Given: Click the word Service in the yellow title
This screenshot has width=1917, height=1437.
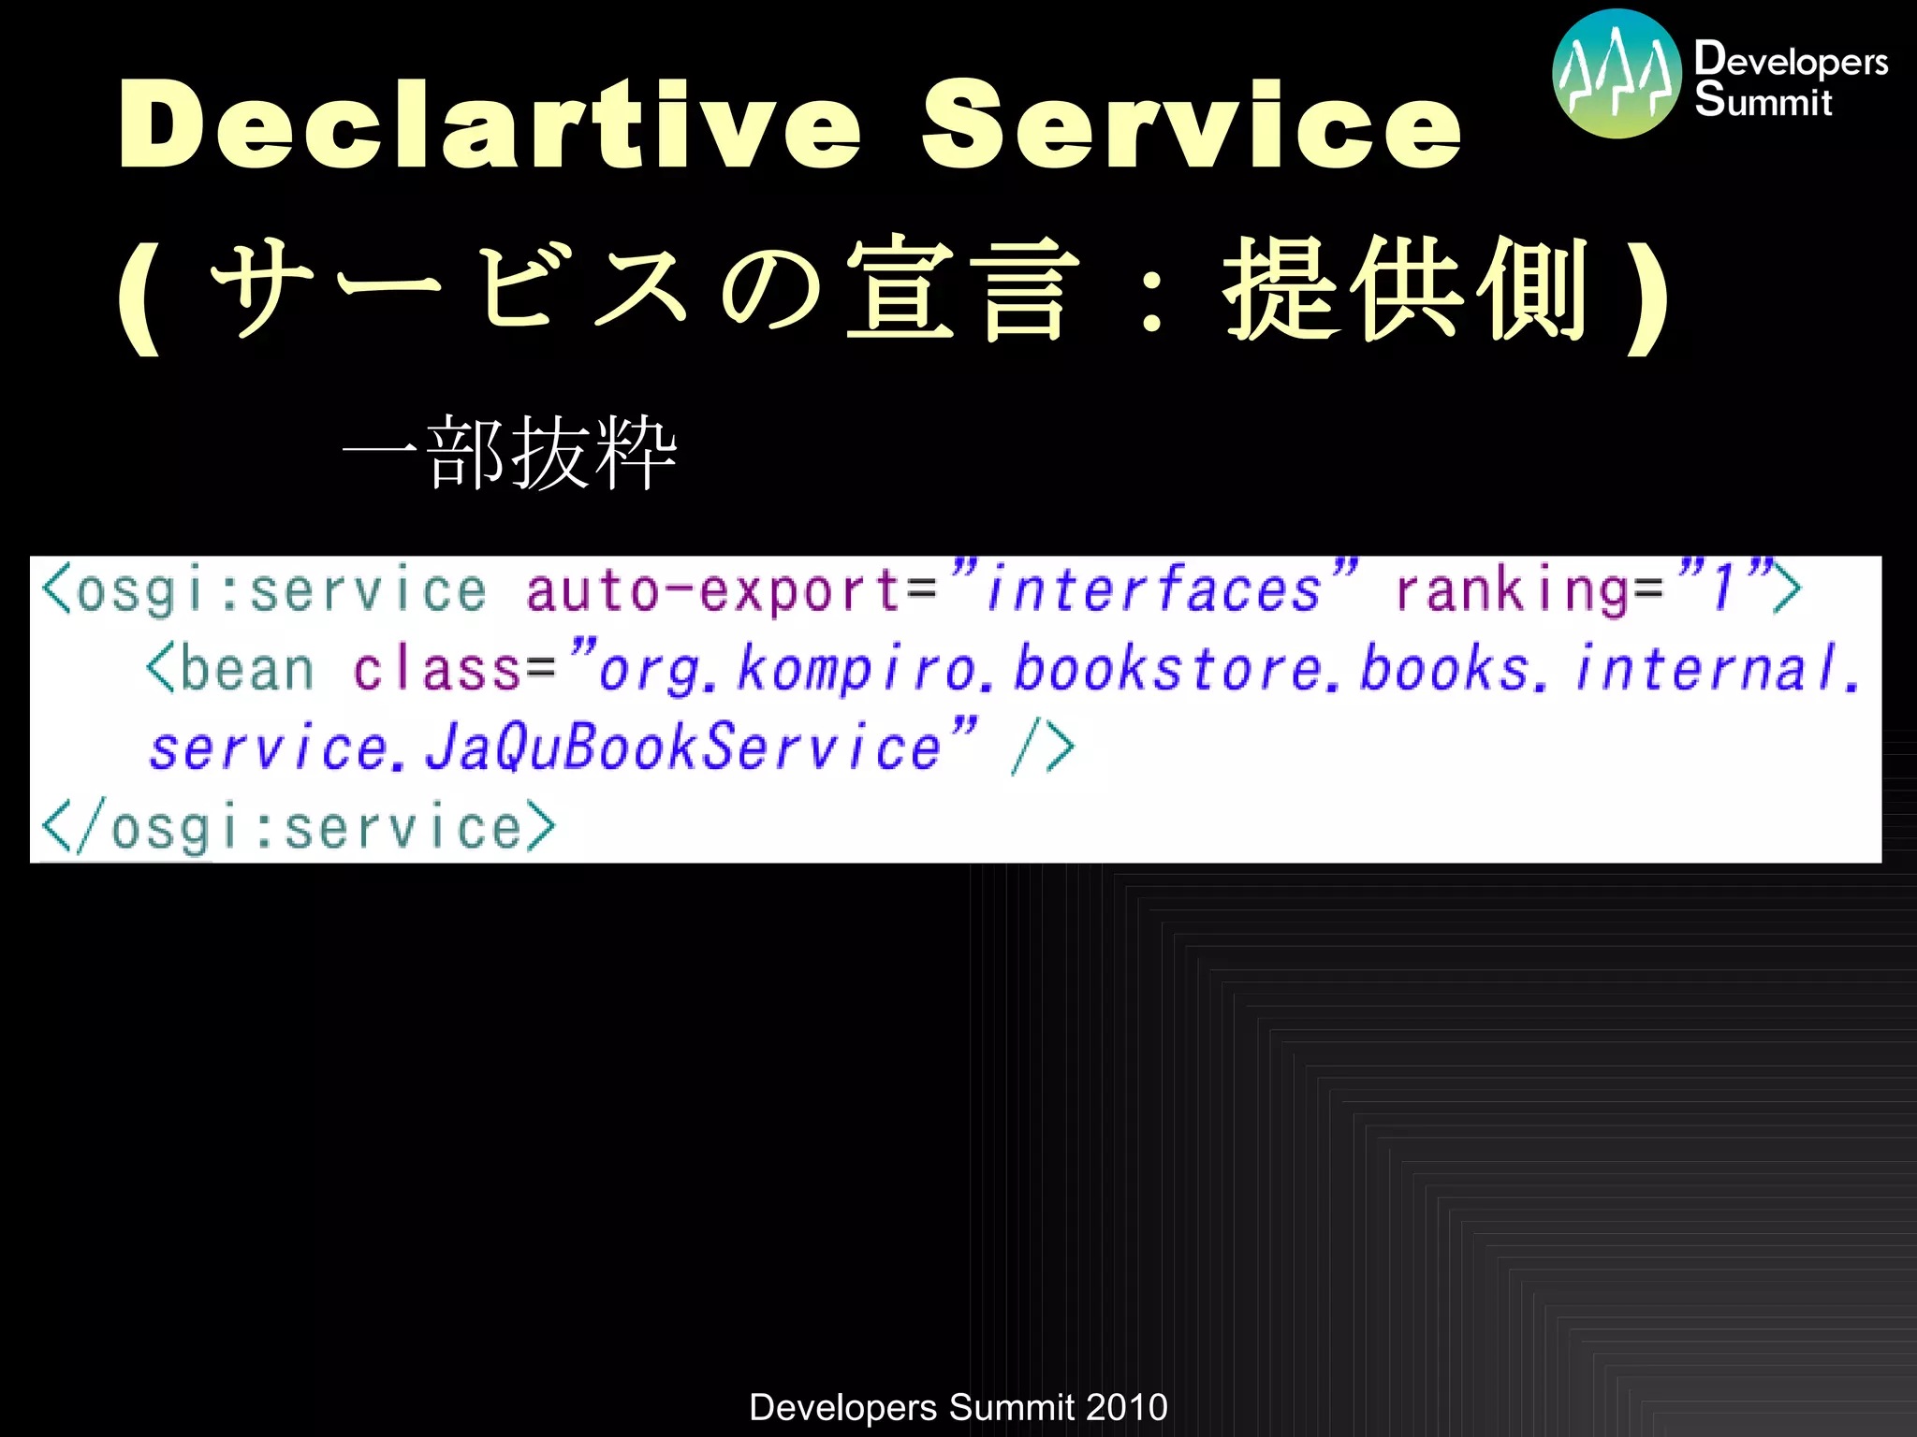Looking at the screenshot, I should [1191, 125].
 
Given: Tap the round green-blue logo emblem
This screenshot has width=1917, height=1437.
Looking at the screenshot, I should [1617, 74].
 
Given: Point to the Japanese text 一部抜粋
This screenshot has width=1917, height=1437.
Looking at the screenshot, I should [510, 453].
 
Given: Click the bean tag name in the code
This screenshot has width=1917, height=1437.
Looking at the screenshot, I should [246, 670].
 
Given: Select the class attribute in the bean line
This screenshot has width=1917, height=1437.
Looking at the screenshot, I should [436, 670].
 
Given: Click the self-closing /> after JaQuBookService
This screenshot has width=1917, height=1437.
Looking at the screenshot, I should [1043, 748].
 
